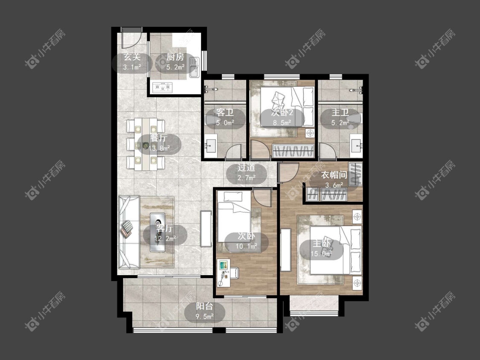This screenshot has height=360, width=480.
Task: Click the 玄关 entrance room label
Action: pyautogui.click(x=132, y=57)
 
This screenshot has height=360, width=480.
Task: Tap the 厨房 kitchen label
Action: pyautogui.click(x=175, y=57)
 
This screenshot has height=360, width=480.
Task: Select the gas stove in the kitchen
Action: pyautogui.click(x=163, y=87)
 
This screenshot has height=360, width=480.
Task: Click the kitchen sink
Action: pyautogui.click(x=194, y=67)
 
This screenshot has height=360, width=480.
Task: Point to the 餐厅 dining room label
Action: pyautogui.click(x=159, y=138)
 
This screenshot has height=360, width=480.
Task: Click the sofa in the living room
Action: pyautogui.click(x=129, y=232)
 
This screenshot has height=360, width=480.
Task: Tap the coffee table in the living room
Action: pyautogui.click(x=157, y=232)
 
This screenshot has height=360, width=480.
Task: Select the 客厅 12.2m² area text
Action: pyautogui.click(x=165, y=238)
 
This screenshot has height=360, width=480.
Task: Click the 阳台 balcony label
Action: pyautogui.click(x=204, y=306)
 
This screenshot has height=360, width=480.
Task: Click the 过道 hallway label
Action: pyautogui.click(x=247, y=168)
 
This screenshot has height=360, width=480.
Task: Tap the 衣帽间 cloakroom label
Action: pyautogui.click(x=334, y=175)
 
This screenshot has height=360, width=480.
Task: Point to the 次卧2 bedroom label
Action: pyautogui.click(x=282, y=113)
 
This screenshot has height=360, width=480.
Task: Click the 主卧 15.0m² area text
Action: pyautogui.click(x=321, y=254)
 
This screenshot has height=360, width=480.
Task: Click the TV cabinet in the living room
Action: pyautogui.click(x=206, y=229)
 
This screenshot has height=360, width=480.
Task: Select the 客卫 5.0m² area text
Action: pyautogui.click(x=225, y=123)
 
